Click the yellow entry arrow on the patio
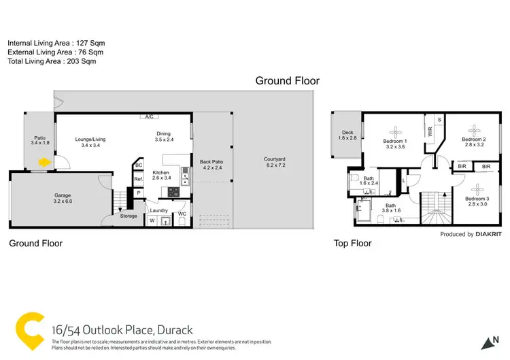coord(45,163)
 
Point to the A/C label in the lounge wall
coord(148,117)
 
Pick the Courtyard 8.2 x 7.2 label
coord(275,163)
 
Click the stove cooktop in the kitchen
coord(173,192)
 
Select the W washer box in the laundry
coord(152,220)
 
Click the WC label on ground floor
coord(182,214)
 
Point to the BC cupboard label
coord(139,165)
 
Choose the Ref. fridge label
coord(138,179)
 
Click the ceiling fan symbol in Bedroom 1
coord(395,130)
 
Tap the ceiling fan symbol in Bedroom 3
coord(476,187)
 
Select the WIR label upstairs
coord(430,131)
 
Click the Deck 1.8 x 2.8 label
coord(347,135)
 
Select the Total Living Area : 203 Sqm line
coord(52,61)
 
